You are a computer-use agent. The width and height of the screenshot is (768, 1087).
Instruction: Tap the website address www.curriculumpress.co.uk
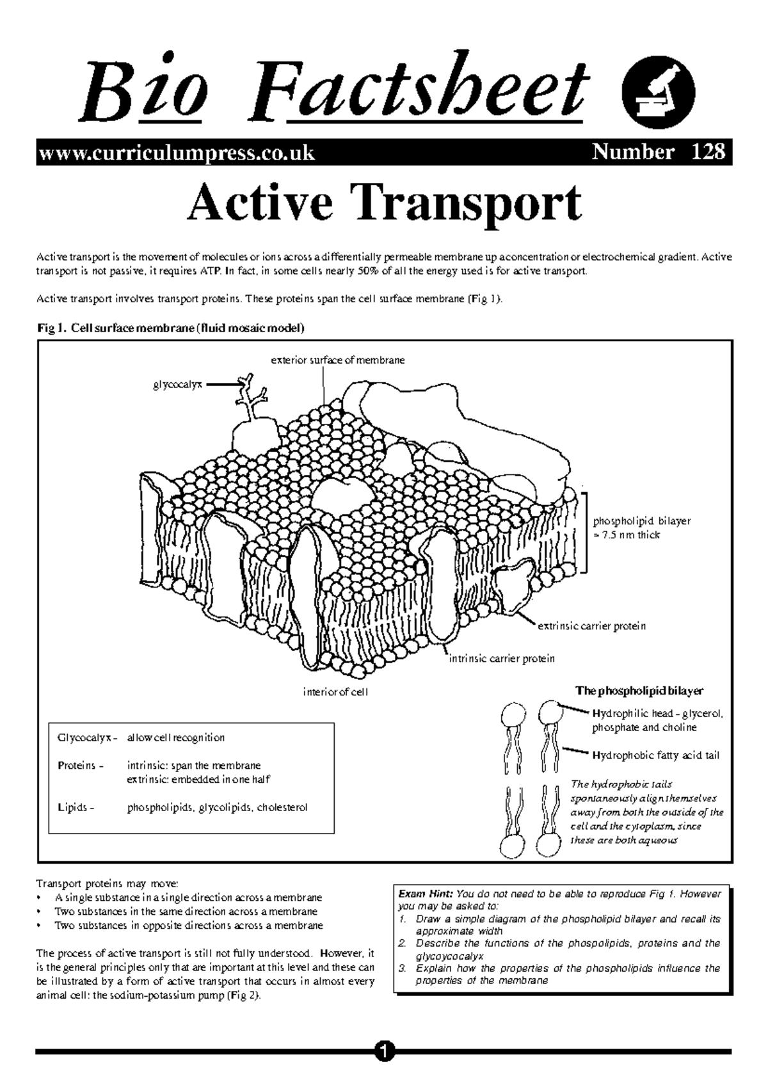(x=177, y=153)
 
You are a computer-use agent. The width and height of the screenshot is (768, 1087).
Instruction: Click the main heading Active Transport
(x=384, y=204)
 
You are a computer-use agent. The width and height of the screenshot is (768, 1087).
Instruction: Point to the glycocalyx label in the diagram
(x=177, y=385)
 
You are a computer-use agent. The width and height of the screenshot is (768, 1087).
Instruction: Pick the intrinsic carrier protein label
(x=501, y=658)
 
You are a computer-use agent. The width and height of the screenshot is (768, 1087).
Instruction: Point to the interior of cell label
(x=335, y=691)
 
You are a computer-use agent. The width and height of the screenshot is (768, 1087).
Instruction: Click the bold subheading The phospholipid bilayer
(x=639, y=691)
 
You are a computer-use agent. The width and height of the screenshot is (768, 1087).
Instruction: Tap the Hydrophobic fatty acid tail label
(x=656, y=755)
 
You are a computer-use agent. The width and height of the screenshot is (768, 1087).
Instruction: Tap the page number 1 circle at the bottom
(x=383, y=1051)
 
